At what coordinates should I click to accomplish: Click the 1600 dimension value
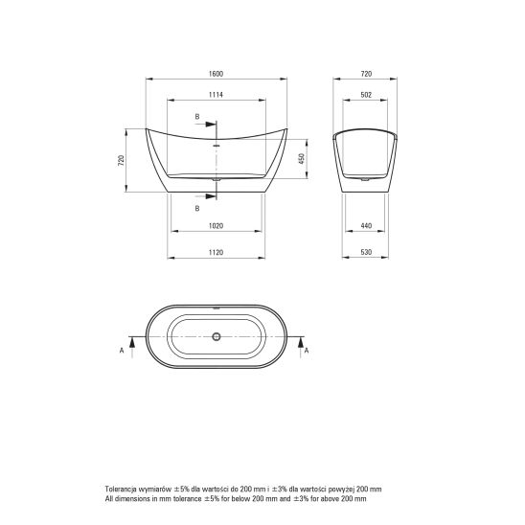[216, 74]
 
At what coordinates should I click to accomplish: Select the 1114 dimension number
[216, 95]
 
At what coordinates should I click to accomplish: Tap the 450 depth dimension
[302, 158]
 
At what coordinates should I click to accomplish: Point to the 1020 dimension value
[216, 226]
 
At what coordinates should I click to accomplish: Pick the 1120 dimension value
[216, 253]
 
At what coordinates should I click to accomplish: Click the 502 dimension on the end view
[366, 95]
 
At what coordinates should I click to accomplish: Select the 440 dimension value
[366, 226]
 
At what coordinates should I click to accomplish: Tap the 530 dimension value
[366, 253]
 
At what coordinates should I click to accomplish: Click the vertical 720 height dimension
[122, 160]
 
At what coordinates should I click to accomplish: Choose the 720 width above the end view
[366, 74]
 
